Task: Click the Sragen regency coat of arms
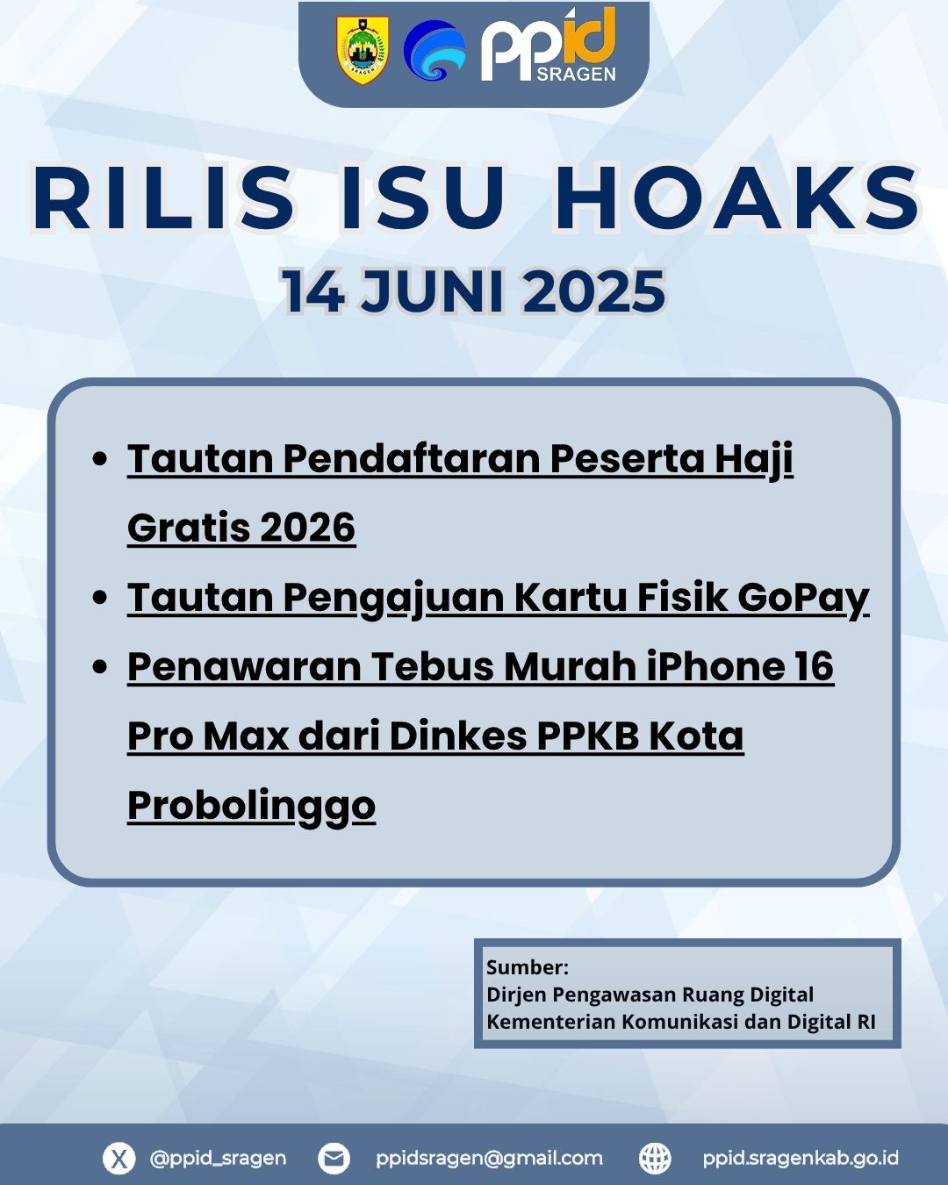point(362,51)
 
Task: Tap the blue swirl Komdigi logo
point(434,51)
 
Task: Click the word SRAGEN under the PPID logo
point(576,74)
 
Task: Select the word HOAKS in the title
point(737,197)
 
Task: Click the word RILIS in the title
point(163,197)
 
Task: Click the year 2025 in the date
point(593,291)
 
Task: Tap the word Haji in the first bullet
point(754,460)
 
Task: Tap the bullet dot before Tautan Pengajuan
point(100,597)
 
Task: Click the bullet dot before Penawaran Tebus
point(100,666)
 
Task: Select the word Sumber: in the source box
point(528,967)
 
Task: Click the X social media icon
point(119,1159)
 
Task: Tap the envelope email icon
point(334,1159)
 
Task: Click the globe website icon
point(655,1159)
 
